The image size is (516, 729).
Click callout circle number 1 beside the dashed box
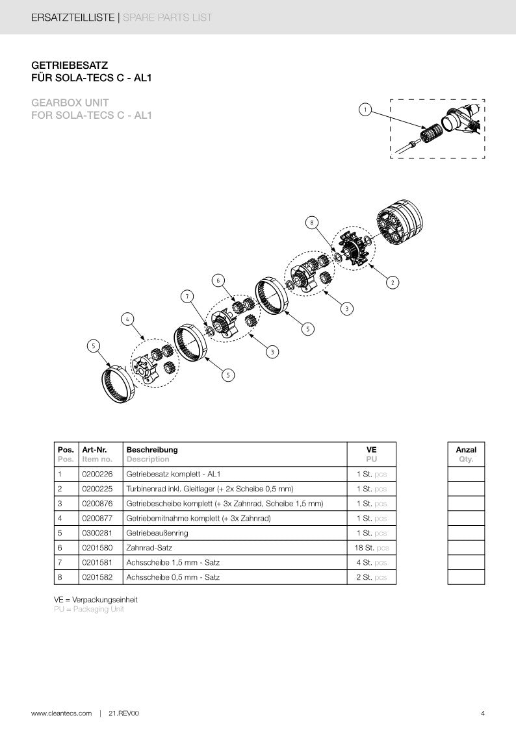pyautogui.click(x=365, y=110)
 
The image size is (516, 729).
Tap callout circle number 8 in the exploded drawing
pyautogui.click(x=312, y=223)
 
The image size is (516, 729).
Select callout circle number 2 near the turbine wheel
pyautogui.click(x=392, y=282)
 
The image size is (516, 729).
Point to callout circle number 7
pyautogui.click(x=187, y=297)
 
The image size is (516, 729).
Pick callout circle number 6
pyautogui.click(x=218, y=280)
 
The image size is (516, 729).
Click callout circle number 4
pyautogui.click(x=127, y=319)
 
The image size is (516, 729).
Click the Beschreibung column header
pyautogui.click(x=151, y=449)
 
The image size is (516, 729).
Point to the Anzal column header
pyautogui.click(x=466, y=449)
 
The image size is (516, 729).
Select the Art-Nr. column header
pyautogui.click(x=94, y=449)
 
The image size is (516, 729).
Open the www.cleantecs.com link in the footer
pyautogui.click(x=62, y=713)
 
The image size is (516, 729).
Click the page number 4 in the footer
pyautogui.click(x=483, y=713)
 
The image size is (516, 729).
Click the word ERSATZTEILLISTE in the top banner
pyautogui.click(x=72, y=18)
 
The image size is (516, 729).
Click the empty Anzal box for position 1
pyautogui.click(x=466, y=474)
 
